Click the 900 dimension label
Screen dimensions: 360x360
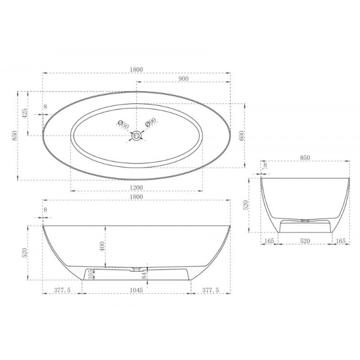[183, 78]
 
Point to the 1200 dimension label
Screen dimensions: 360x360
[136, 187]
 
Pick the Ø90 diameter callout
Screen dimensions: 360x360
[151, 122]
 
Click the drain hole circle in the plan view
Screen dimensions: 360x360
[136, 136]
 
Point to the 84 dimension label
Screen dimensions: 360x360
[144, 275]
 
